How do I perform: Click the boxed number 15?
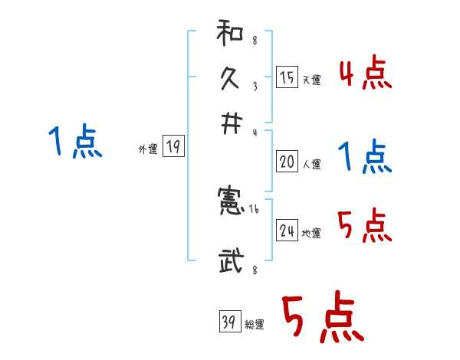tap(287, 77)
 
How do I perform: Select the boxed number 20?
tap(287, 162)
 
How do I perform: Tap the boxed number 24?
tap(287, 231)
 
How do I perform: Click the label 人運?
tap(312, 164)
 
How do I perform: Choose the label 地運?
tap(312, 234)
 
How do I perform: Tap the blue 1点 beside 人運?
tap(365, 158)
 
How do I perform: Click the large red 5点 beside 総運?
tap(322, 319)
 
